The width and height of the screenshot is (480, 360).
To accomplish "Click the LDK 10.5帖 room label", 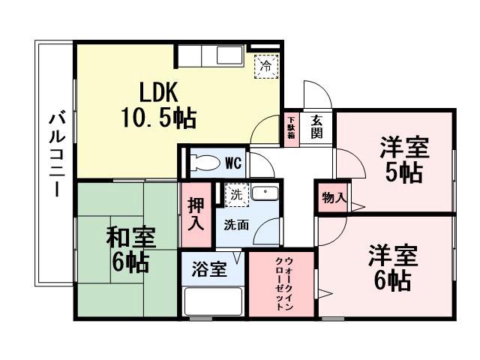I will (x=157, y=105).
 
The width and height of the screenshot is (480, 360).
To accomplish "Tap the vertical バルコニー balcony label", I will (x=55, y=154).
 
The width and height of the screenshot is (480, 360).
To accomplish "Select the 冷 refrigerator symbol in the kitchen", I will (x=265, y=65).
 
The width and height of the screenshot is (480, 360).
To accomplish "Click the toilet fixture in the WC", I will (x=203, y=162).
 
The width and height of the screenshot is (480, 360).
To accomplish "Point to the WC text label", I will (x=232, y=161).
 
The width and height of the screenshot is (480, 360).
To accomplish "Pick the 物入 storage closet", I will (x=333, y=198).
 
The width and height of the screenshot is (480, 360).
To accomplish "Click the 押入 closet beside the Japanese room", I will (x=196, y=214).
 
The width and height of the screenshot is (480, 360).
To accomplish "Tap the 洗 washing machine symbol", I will (x=236, y=193).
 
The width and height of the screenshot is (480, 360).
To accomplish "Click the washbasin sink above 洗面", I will (x=264, y=193).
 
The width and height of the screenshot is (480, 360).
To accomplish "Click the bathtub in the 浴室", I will (x=213, y=302).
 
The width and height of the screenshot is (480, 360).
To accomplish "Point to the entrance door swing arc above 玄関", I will (x=316, y=96).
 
